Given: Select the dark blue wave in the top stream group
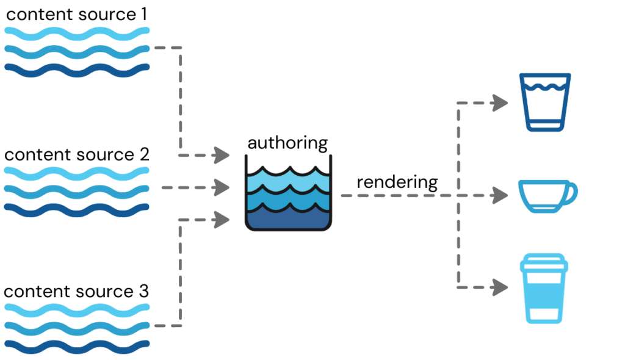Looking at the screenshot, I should click(77, 70).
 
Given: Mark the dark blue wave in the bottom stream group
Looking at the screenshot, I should click(77, 347).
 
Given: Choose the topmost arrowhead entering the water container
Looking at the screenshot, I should click(221, 155).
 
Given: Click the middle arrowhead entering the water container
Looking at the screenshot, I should click(221, 187).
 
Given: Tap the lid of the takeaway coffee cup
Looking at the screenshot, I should click(544, 264).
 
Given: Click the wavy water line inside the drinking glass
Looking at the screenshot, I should click(545, 87).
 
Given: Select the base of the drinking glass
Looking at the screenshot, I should click(545, 127).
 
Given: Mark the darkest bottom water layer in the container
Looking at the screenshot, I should click(288, 218).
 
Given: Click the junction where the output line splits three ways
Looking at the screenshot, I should click(458, 195).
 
